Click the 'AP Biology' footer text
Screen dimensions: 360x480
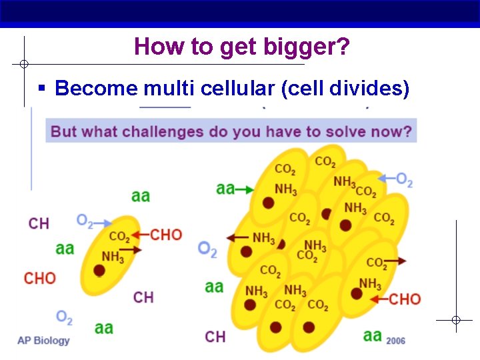coord(43,341)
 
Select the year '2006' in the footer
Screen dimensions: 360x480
coord(395,340)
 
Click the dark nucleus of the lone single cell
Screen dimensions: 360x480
coord(99,270)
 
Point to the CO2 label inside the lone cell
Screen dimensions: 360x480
coord(119,237)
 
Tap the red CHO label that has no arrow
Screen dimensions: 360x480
coord(40,278)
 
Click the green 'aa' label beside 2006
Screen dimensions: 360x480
coord(372,335)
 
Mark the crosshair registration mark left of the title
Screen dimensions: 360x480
coord(23,65)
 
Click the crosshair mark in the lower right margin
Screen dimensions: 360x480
coord(455,321)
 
